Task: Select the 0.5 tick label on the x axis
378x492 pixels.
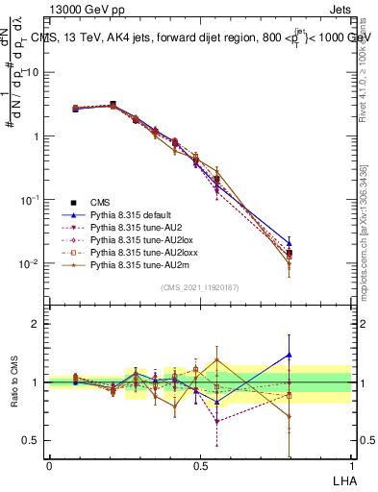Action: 200,465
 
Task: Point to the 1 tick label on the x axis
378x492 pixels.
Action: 350,465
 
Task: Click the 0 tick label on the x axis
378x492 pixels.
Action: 49,465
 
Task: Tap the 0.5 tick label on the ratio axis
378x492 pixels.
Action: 32,440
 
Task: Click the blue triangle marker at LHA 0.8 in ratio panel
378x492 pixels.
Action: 290,355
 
